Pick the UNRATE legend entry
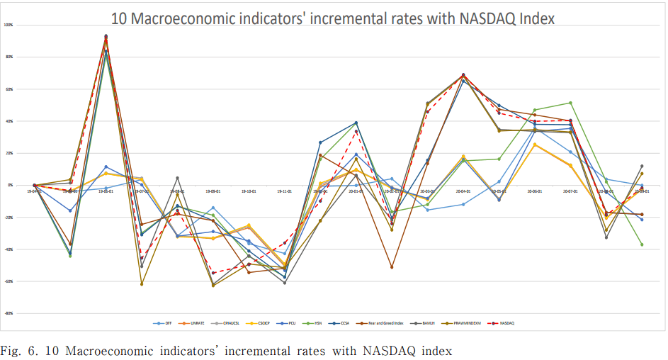198,324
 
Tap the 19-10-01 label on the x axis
249,191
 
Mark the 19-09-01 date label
213,191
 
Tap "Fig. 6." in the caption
18,350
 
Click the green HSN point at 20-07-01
570,103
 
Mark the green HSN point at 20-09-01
642,244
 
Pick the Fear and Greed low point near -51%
392,267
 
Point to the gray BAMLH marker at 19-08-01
177,178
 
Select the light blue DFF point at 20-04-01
463,204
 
